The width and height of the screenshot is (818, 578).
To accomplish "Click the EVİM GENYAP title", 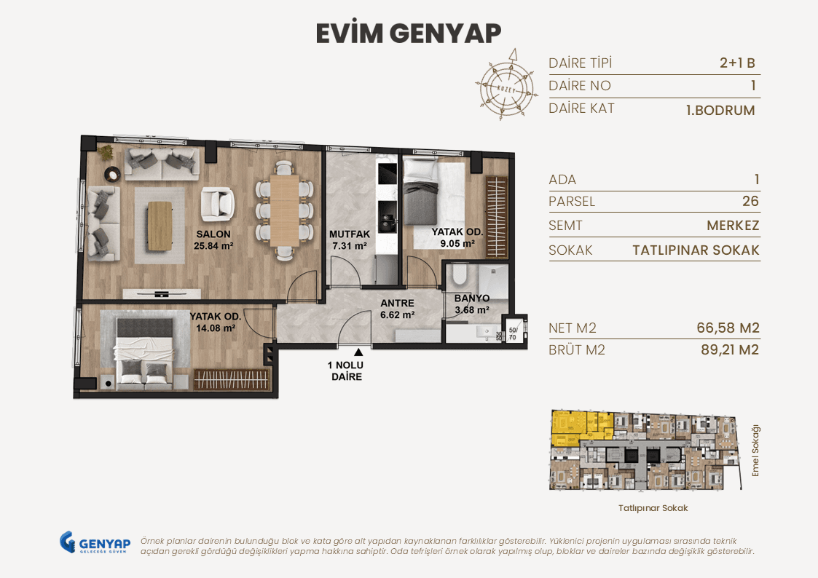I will pyautogui.click(x=409, y=33).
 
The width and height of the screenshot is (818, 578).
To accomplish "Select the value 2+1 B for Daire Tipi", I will pyautogui.click(x=736, y=63).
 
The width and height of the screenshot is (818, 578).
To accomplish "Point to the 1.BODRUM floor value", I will pyautogui.click(x=720, y=111).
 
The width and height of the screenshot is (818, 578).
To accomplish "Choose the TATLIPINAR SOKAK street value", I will pyautogui.click(x=696, y=250).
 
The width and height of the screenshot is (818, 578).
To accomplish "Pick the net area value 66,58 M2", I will pyautogui.click(x=728, y=328).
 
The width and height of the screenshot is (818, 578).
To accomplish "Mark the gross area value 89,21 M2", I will pyautogui.click(x=728, y=350).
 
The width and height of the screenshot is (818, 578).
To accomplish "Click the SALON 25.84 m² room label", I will pyautogui.click(x=213, y=239).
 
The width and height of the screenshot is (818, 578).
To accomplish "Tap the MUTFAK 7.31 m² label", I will pyautogui.click(x=350, y=239).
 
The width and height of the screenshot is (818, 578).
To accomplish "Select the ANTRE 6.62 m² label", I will pyautogui.click(x=397, y=309).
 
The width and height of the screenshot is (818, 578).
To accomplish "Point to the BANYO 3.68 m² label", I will pyautogui.click(x=471, y=304).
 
